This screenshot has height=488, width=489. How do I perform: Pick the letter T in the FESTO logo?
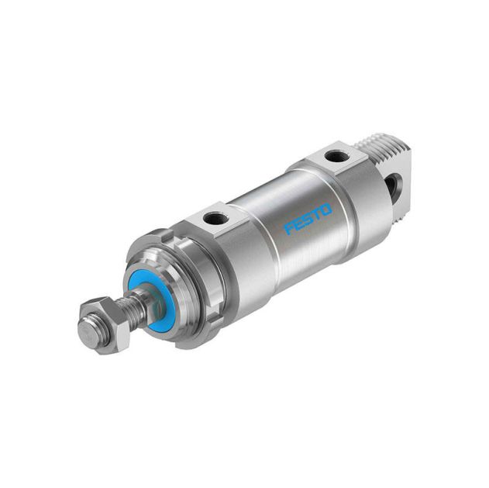tap(317, 213)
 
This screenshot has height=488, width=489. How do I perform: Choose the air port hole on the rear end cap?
tap(336, 157)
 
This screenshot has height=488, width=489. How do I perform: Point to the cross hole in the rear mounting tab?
tap(395, 185)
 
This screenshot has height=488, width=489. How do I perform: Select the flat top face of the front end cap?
tap(209, 213)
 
